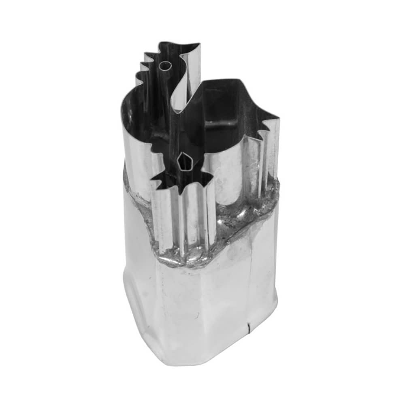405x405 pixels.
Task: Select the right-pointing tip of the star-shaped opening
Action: coord(212,177)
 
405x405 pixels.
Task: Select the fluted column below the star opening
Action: coord(184,219)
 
